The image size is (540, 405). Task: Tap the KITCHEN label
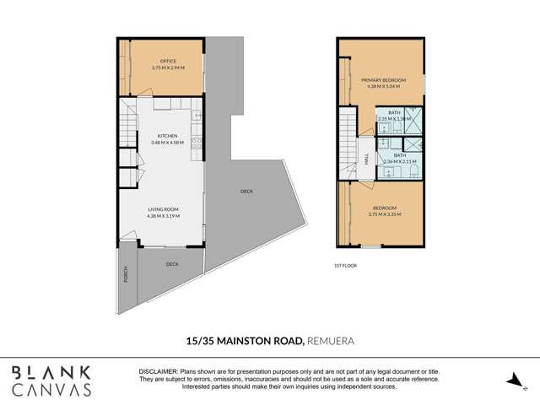pyautogui.click(x=166, y=136)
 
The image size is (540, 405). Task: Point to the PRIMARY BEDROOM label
pyautogui.click(x=383, y=79)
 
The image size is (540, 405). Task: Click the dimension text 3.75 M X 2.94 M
pyautogui.click(x=166, y=67)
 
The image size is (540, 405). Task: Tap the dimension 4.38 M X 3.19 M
pyautogui.click(x=163, y=216)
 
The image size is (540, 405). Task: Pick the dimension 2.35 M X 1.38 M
pyautogui.click(x=394, y=119)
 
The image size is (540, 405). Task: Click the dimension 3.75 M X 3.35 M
pyautogui.click(x=384, y=214)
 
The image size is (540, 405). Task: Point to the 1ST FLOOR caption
pyautogui.click(x=344, y=266)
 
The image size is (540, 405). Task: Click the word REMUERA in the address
pyautogui.click(x=330, y=342)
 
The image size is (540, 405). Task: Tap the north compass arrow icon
pyautogui.click(x=511, y=381)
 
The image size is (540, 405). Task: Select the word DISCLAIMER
pyautogui.click(x=157, y=371)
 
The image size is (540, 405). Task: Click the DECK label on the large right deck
pyautogui.click(x=246, y=192)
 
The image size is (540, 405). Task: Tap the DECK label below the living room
pyautogui.click(x=172, y=264)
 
